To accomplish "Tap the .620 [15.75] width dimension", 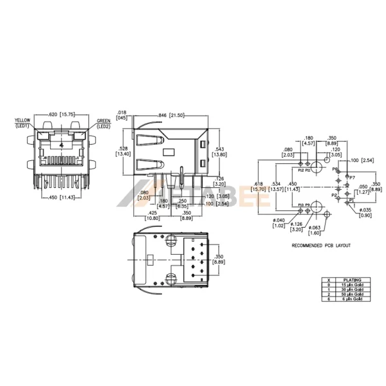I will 63,115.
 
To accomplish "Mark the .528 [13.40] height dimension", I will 124,151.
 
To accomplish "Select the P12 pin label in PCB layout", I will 300,170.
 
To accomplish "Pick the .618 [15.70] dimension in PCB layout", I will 260,186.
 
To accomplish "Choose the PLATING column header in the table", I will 353,280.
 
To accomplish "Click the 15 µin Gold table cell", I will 353,285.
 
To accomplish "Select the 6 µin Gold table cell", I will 353,299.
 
